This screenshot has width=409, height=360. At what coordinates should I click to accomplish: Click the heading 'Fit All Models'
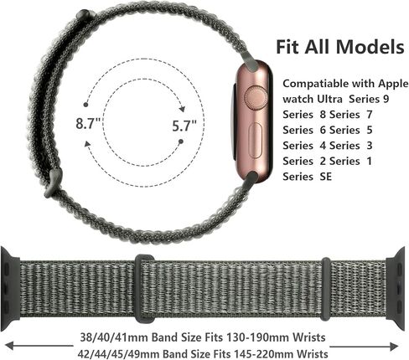(340, 47)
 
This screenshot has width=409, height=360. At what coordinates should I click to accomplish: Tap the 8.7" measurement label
(88, 123)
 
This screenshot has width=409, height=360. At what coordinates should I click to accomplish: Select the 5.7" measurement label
(184, 126)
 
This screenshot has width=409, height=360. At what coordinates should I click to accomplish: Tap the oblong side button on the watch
(256, 141)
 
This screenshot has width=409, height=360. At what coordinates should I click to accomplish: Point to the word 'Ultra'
(329, 99)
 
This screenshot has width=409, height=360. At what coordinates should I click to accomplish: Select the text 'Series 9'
(369, 99)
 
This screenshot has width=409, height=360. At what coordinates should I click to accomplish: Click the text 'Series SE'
(307, 177)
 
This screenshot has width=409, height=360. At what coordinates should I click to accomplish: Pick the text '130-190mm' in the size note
(258, 337)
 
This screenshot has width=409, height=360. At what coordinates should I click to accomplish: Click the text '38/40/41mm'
(114, 337)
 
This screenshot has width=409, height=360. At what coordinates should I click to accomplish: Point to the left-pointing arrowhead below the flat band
(10, 346)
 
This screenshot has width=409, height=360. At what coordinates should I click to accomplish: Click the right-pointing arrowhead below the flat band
(394, 347)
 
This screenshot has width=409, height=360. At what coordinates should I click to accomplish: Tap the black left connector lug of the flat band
(10, 289)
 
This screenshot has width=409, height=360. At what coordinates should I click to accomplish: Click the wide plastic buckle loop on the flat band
(144, 288)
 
